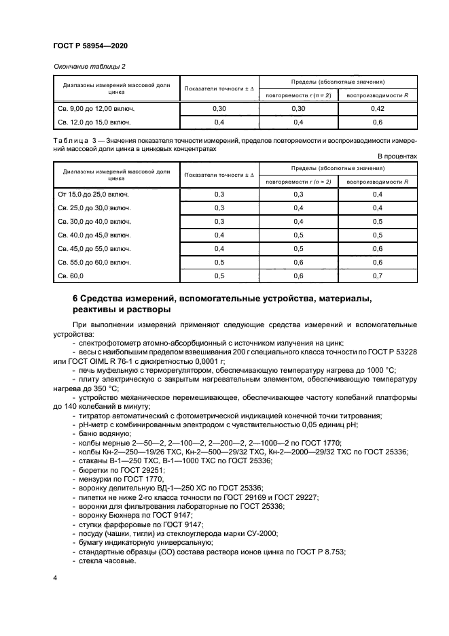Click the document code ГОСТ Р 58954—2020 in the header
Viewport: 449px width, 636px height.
click(90, 46)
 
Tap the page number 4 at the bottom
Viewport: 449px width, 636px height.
click(55, 577)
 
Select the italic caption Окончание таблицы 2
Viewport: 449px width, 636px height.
click(88, 66)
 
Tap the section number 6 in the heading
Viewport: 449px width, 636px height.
click(75, 299)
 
